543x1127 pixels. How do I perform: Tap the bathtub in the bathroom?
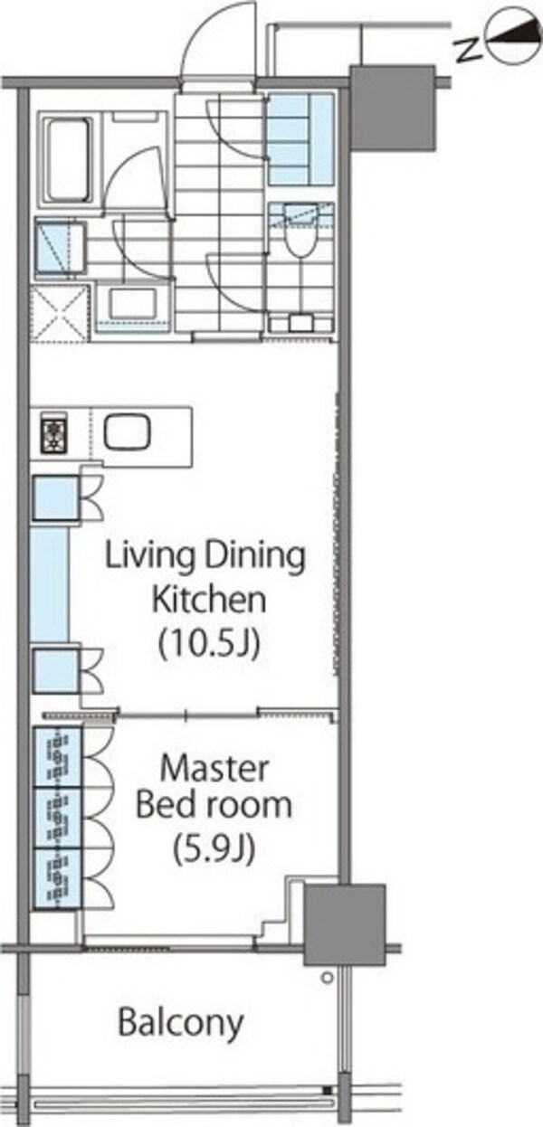(70, 159)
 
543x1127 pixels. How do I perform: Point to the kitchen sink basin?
(128, 432)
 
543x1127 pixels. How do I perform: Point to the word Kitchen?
(209, 599)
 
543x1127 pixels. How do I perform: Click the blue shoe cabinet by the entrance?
(300, 138)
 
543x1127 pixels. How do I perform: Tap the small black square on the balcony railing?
(328, 1087)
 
